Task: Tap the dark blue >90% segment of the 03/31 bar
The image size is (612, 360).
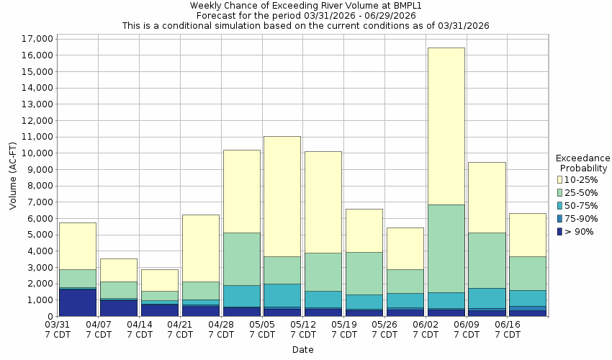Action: tap(78, 302)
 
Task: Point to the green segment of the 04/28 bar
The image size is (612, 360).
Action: tap(241, 258)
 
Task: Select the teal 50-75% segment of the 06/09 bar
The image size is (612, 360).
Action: tap(487, 298)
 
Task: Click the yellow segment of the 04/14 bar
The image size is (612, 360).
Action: tap(159, 280)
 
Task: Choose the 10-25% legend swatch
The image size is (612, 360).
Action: tap(559, 179)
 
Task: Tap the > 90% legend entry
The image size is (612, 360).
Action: tap(579, 231)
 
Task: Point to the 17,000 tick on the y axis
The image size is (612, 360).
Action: tap(34, 39)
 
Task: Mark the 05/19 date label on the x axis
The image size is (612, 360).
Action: tap(345, 325)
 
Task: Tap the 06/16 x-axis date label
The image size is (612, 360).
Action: tap(508, 325)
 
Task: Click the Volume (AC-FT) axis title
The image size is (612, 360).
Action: tap(13, 177)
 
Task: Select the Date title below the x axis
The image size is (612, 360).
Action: tap(302, 350)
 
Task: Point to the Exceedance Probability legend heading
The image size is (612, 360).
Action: tap(583, 163)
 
